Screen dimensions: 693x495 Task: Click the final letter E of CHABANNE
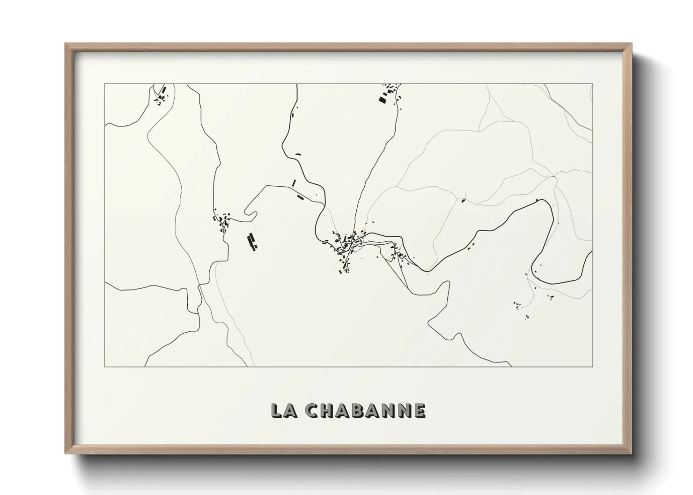[419, 410]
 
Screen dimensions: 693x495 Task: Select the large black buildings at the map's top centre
[385, 96]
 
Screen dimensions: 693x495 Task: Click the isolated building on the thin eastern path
[464, 201]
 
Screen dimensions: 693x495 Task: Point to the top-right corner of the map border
[593, 84]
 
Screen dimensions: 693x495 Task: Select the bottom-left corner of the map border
[104, 366]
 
